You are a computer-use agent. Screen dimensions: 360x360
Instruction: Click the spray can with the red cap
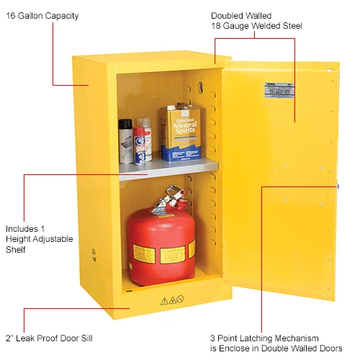(140, 144)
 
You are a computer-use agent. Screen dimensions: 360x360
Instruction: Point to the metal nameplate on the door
(276, 89)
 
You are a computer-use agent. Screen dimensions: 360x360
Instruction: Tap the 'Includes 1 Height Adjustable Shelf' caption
(33, 237)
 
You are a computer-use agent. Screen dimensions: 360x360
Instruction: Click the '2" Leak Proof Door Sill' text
(48, 337)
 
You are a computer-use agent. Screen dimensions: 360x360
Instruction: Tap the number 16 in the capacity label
(10, 15)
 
